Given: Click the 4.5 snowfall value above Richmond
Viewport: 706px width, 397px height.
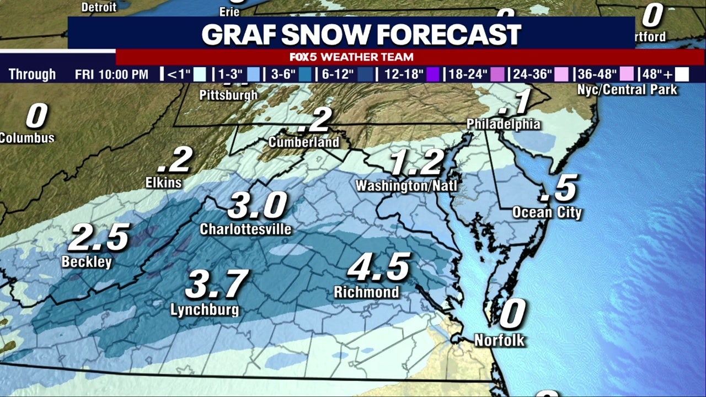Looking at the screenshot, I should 379,267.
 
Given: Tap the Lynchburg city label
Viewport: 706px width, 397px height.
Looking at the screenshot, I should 205,309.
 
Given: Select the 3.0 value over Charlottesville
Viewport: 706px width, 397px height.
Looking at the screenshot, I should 258,206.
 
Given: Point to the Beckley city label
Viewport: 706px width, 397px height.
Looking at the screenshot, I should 87,261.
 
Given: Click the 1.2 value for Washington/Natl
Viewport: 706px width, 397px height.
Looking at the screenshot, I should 417,163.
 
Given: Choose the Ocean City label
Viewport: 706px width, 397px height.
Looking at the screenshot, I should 547,212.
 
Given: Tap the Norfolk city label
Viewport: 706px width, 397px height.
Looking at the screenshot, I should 500,340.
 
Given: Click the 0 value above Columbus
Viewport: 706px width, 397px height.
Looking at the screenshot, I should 36,116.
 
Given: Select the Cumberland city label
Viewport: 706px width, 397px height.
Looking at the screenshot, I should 304,142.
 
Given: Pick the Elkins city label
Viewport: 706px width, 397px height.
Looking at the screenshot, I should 164,182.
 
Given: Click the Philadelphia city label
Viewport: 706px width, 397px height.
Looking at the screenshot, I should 503,124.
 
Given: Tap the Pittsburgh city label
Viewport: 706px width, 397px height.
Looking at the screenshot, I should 228,95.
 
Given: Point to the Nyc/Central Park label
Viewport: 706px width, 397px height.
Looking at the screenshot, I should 627,89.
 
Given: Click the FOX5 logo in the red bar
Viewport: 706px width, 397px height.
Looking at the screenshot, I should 303,57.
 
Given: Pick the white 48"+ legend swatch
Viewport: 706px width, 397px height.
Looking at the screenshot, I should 682,74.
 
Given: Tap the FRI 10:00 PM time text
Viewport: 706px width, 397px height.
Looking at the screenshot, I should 111,74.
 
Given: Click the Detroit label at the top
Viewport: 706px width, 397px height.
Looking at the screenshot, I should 99,7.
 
